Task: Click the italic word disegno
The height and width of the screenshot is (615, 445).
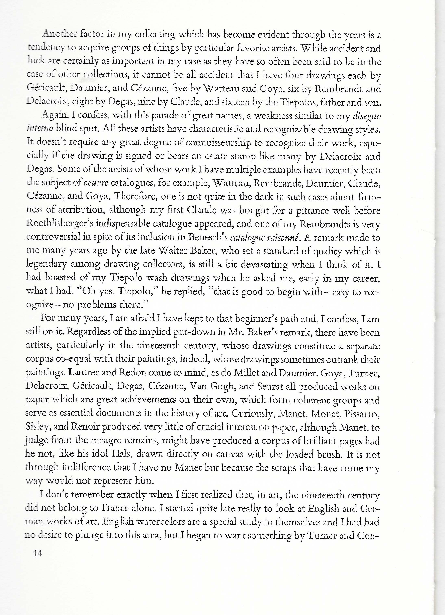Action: coord(367,117)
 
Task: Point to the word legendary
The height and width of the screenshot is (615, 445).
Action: coord(46,264)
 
